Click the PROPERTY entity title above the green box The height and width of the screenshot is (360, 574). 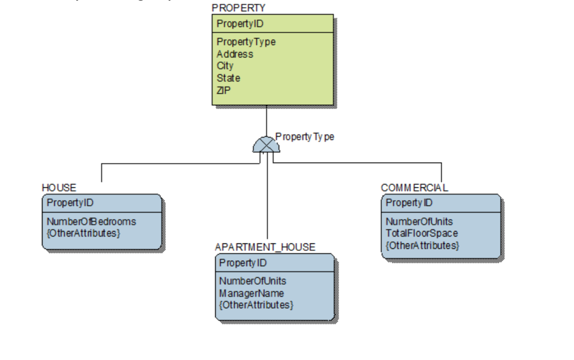239,8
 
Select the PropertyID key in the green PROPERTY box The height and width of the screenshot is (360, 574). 240,24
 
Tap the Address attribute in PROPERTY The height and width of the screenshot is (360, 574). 235,54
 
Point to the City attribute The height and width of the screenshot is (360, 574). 225,66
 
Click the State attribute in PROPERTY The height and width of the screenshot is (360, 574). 228,78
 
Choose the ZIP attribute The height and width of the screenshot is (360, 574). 224,90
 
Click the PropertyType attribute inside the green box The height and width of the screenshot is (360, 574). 246,42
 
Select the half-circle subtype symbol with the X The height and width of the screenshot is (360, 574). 266,145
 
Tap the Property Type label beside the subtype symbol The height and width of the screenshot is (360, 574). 305,137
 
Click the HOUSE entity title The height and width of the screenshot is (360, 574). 59,187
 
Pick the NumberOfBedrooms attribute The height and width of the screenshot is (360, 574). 91,221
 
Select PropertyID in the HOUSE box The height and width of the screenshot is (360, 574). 70,202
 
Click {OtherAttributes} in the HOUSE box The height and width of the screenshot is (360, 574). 84,232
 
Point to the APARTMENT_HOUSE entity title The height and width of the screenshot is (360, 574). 265,247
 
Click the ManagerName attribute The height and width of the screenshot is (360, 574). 252,293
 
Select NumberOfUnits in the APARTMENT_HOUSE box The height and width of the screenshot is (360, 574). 253,281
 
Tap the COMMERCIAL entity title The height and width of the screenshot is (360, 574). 414,187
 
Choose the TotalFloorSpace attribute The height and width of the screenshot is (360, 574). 422,233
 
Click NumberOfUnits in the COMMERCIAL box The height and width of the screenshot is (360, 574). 419,221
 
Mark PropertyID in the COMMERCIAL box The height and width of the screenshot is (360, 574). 409,202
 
